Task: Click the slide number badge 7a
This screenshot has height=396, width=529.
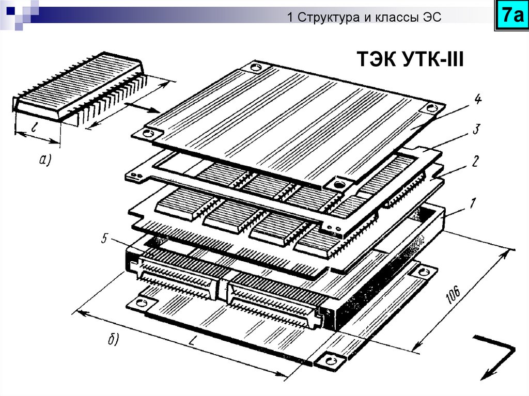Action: [x=512, y=15]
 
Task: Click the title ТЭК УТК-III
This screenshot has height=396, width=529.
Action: [x=410, y=59]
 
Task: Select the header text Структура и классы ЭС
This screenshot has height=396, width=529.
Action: [x=369, y=17]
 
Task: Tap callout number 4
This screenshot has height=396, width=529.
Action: [x=477, y=100]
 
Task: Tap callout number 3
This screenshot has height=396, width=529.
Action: [x=476, y=129]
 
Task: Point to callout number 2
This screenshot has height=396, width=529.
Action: [x=475, y=161]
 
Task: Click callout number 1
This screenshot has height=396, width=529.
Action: [x=473, y=203]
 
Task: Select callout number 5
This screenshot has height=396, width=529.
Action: [x=104, y=239]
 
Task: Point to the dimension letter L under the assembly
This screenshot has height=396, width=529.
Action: [x=192, y=342]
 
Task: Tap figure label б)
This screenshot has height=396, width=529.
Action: [x=113, y=339]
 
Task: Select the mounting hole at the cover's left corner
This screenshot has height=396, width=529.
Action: [x=148, y=133]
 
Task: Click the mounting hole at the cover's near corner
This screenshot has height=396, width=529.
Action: [x=338, y=185]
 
